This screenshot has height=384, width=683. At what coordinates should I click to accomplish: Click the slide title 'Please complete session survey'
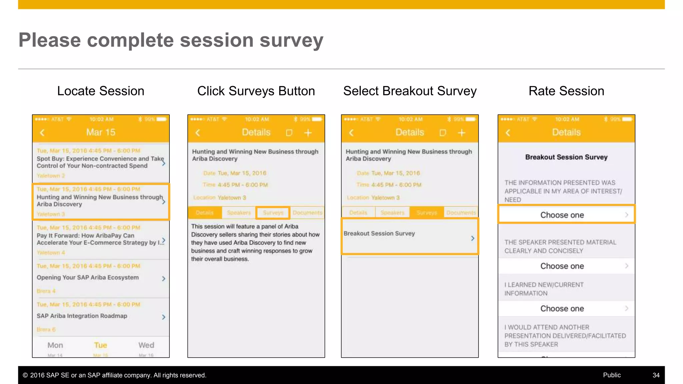[171, 40]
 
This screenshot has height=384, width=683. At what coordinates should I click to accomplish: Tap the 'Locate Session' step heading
[100, 91]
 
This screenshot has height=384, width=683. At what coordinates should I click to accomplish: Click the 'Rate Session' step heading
[566, 91]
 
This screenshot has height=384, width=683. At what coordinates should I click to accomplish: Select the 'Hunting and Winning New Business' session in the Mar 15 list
[100, 201]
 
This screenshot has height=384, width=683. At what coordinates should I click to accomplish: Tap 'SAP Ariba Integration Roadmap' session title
[82, 316]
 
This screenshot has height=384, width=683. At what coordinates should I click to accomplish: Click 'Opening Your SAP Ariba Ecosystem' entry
[88, 277]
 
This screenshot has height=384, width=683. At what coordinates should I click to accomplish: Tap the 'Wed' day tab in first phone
[146, 345]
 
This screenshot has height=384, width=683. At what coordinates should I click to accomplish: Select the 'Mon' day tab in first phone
[55, 345]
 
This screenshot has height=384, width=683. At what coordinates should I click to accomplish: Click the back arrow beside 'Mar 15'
[42, 133]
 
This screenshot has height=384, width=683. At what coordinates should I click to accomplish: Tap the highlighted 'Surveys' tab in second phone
[273, 213]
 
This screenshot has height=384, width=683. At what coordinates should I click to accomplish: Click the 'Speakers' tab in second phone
[239, 213]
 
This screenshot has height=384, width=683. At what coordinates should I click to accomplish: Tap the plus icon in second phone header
[308, 133]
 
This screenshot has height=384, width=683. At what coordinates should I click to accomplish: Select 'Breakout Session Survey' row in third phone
[410, 236]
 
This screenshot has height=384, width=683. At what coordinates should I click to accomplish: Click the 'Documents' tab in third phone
[461, 213]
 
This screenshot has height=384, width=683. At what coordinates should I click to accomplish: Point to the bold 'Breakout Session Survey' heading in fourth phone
[566, 157]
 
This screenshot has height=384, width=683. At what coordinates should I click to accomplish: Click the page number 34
[656, 375]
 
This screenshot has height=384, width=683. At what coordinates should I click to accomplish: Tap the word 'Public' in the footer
[612, 375]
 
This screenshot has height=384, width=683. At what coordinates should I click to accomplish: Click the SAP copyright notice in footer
[115, 375]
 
